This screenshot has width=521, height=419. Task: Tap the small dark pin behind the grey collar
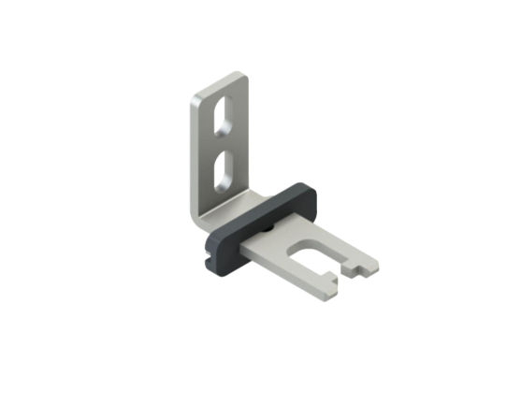coord(269,228)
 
